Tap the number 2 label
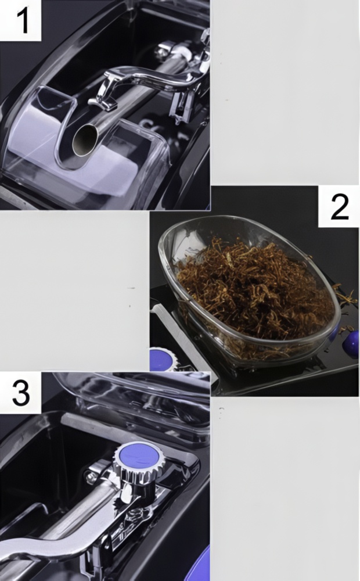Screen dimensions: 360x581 pyautogui.click(x=339, y=206)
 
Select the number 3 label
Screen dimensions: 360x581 pyautogui.click(x=21, y=393)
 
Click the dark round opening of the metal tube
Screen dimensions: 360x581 pyautogui.click(x=85, y=140)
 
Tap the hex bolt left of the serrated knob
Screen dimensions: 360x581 pyautogui.click(x=90, y=478)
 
